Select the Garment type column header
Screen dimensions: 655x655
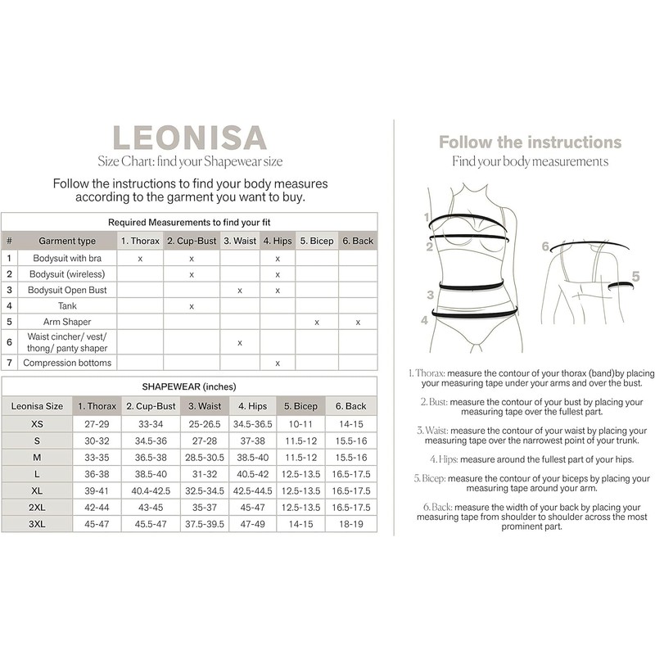click(x=67, y=241)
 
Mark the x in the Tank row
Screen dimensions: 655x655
click(x=191, y=305)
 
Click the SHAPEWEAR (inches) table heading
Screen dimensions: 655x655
click(x=189, y=386)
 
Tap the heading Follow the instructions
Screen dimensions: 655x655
click(x=530, y=142)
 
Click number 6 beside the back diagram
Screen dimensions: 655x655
click(x=544, y=245)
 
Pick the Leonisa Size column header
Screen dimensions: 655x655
click(x=37, y=405)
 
